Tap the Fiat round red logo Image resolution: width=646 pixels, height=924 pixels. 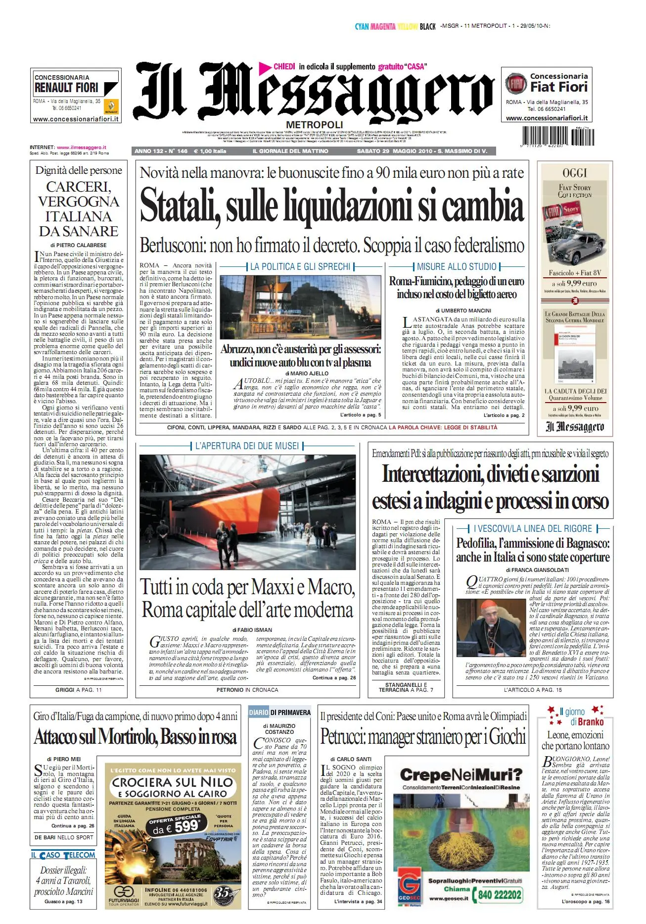516,84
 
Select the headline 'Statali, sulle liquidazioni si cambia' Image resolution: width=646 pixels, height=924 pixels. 332,205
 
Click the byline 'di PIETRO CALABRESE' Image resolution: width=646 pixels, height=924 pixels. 78,245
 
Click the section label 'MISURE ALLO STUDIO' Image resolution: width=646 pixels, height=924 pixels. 457,267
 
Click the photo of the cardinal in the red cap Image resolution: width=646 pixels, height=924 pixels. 484,628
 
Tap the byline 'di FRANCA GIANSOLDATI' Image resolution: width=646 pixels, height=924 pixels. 533,570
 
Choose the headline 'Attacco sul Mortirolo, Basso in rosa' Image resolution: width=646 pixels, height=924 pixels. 135,737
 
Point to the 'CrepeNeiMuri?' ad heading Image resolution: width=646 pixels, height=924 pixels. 461,775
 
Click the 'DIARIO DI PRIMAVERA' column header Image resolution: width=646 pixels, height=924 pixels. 280,713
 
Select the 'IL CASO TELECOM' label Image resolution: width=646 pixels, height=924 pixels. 63,855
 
